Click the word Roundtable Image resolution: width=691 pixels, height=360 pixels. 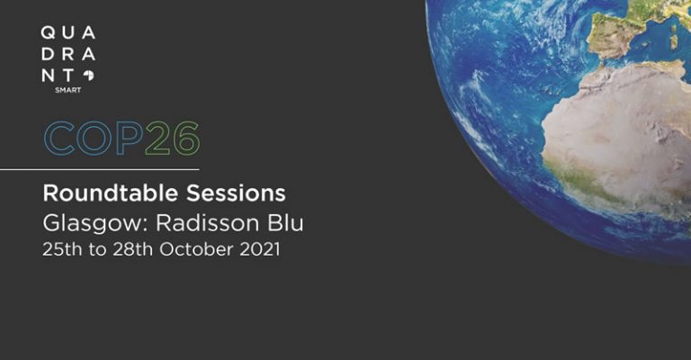(x=110, y=193)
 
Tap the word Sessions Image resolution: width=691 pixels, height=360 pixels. (x=236, y=193)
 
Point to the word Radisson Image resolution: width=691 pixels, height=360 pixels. (x=207, y=223)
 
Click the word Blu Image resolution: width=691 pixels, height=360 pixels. (x=285, y=223)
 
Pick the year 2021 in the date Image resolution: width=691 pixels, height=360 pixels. (x=260, y=249)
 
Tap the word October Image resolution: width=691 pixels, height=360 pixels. (x=196, y=249)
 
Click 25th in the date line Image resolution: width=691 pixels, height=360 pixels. (x=62, y=249)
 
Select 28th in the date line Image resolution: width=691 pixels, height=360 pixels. (x=132, y=249)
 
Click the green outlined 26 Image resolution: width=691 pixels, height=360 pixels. (x=173, y=139)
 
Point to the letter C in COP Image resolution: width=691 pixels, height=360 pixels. (x=59, y=139)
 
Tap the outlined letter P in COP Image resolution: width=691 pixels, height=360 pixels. (x=130, y=139)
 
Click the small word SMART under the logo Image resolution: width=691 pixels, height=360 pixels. (x=67, y=90)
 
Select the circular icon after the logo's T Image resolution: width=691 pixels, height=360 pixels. (x=88, y=76)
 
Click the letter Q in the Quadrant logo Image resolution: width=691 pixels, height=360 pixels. (x=48, y=32)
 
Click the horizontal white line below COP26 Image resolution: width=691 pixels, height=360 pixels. (x=100, y=169)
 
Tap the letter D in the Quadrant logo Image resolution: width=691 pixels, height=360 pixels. (x=48, y=54)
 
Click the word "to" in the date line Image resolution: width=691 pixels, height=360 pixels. (x=97, y=250)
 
